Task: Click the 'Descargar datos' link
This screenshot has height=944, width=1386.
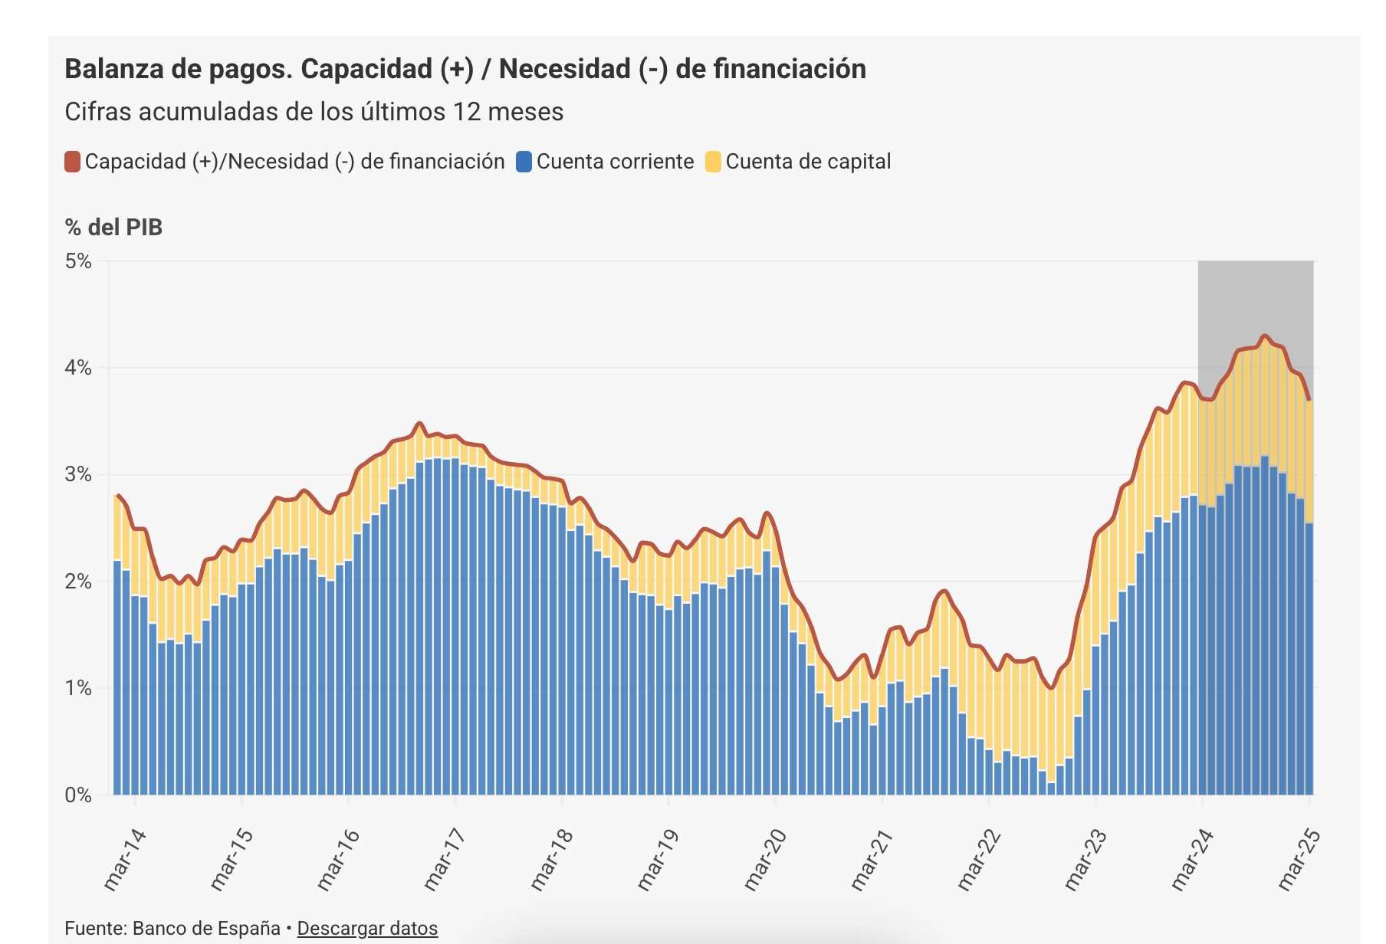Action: click(x=367, y=928)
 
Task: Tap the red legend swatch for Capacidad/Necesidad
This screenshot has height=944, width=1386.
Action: click(x=73, y=162)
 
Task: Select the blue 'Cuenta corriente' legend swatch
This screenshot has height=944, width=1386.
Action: click(x=524, y=162)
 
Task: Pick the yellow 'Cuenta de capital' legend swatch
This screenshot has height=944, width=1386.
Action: click(x=713, y=162)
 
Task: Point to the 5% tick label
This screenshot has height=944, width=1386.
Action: click(x=78, y=261)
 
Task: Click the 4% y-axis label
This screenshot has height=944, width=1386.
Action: click(x=78, y=368)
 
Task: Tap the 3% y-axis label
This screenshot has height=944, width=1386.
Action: click(x=78, y=474)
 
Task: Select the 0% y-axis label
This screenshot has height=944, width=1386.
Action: click(x=78, y=795)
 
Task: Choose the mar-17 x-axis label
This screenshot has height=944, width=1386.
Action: click(x=444, y=860)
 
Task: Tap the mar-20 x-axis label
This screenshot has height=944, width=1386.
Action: click(x=764, y=860)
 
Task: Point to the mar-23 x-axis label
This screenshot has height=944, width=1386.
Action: click(x=1085, y=860)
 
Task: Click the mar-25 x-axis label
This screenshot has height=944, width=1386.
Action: click(x=1299, y=860)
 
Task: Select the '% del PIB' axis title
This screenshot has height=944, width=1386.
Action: click(x=113, y=228)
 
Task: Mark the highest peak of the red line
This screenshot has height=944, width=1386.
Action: click(x=1265, y=336)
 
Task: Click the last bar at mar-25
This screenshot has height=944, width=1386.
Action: click(x=1309, y=659)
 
